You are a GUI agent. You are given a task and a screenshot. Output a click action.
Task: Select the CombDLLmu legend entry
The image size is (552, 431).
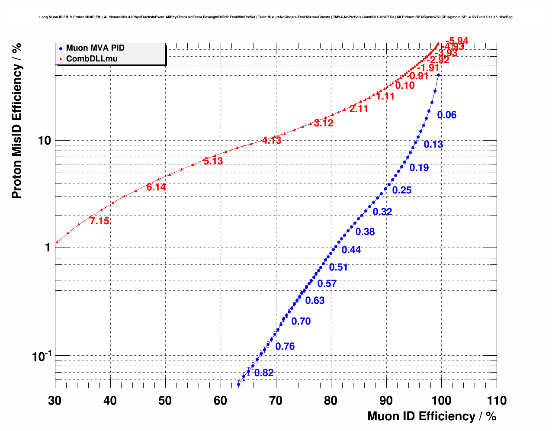pos(91,58)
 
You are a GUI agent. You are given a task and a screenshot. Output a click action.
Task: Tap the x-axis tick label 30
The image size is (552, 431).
pos(55,401)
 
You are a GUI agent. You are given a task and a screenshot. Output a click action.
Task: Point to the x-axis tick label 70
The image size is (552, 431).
pos(276,401)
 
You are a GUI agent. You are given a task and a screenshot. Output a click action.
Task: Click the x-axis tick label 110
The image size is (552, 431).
pos(496,401)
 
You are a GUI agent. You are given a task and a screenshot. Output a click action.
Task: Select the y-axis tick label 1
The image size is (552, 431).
pos(47,248)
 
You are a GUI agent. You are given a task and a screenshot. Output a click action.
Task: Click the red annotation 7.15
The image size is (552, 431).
pos(99,221)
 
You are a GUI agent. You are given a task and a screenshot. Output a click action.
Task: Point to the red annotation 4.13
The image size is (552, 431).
pos(272,141)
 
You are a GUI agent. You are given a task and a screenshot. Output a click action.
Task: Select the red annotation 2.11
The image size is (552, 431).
pos(359,109)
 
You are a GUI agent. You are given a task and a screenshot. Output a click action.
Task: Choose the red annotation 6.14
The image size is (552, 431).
pos(156,187)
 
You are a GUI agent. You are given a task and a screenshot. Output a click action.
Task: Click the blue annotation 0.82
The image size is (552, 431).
pos(264,373)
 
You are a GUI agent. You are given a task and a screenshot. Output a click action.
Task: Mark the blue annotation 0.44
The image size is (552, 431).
pos(351,250)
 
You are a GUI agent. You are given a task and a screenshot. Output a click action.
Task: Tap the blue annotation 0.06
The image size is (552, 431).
pos(447,115)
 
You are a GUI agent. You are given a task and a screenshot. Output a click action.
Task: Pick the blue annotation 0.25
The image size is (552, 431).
pos(402,190)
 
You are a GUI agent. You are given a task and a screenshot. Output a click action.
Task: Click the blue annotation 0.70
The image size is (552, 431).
pos(301,322)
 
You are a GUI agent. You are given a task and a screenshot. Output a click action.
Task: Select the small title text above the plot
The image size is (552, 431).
pos(276,17)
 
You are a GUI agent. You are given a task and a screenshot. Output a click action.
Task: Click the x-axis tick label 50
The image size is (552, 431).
pos(165,401)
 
